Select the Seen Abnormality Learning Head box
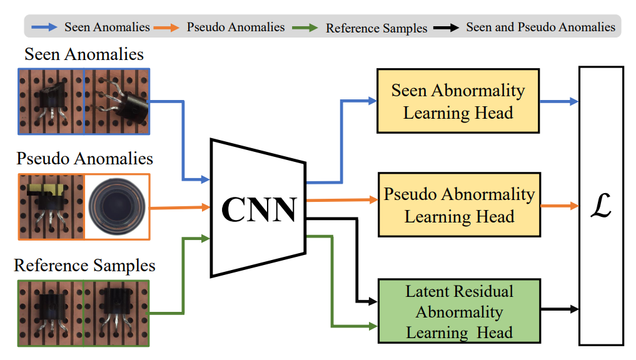458,101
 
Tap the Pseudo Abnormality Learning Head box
459,205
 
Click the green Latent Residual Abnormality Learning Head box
459,312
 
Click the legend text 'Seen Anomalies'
107,27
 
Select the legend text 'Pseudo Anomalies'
236,27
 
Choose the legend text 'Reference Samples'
376,27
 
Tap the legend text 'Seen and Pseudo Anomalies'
540,27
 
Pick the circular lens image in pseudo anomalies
116,206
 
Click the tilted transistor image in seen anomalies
116,101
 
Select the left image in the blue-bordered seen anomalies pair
51,101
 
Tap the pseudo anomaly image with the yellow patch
51,206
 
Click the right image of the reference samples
116,312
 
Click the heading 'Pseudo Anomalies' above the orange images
84,158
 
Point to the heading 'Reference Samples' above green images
84,265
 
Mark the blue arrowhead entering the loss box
574,101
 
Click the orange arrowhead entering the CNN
206,207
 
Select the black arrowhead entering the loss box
574,309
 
